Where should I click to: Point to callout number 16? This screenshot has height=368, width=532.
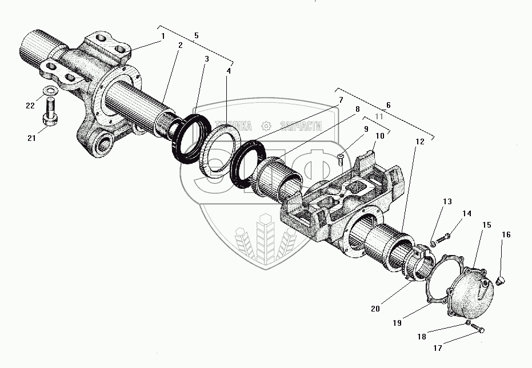tap(506, 234)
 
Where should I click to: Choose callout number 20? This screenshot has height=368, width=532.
tap(374, 309)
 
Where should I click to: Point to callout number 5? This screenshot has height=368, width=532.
tap(196, 35)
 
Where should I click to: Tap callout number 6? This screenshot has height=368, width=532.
tap(389, 106)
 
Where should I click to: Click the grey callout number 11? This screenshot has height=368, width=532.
tap(378, 116)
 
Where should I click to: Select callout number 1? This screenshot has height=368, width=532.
tap(163, 36)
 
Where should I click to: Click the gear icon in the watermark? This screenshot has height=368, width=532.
tap(265, 126)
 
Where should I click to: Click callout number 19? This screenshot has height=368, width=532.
tap(397, 322)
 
